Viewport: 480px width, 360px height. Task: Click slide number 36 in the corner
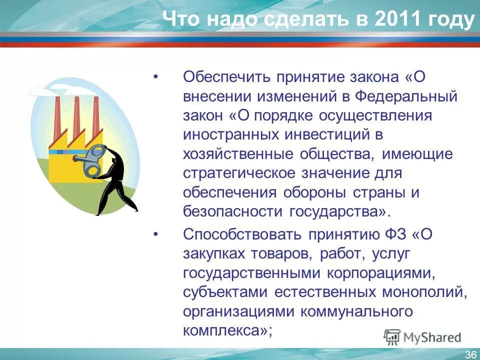point(470,354)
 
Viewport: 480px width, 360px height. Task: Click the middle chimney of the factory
point(77,118)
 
